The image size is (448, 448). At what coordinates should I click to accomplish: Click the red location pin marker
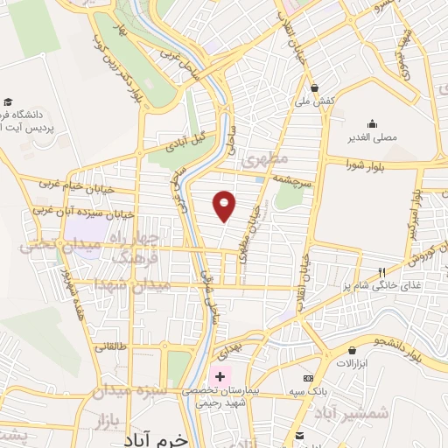[225, 205]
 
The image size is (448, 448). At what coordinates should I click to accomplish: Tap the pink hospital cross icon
[220, 375]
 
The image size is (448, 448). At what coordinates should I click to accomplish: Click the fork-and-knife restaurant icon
[381, 271]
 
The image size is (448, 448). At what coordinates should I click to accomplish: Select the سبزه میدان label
[124, 391]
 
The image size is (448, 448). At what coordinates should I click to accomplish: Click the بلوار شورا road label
[365, 164]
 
